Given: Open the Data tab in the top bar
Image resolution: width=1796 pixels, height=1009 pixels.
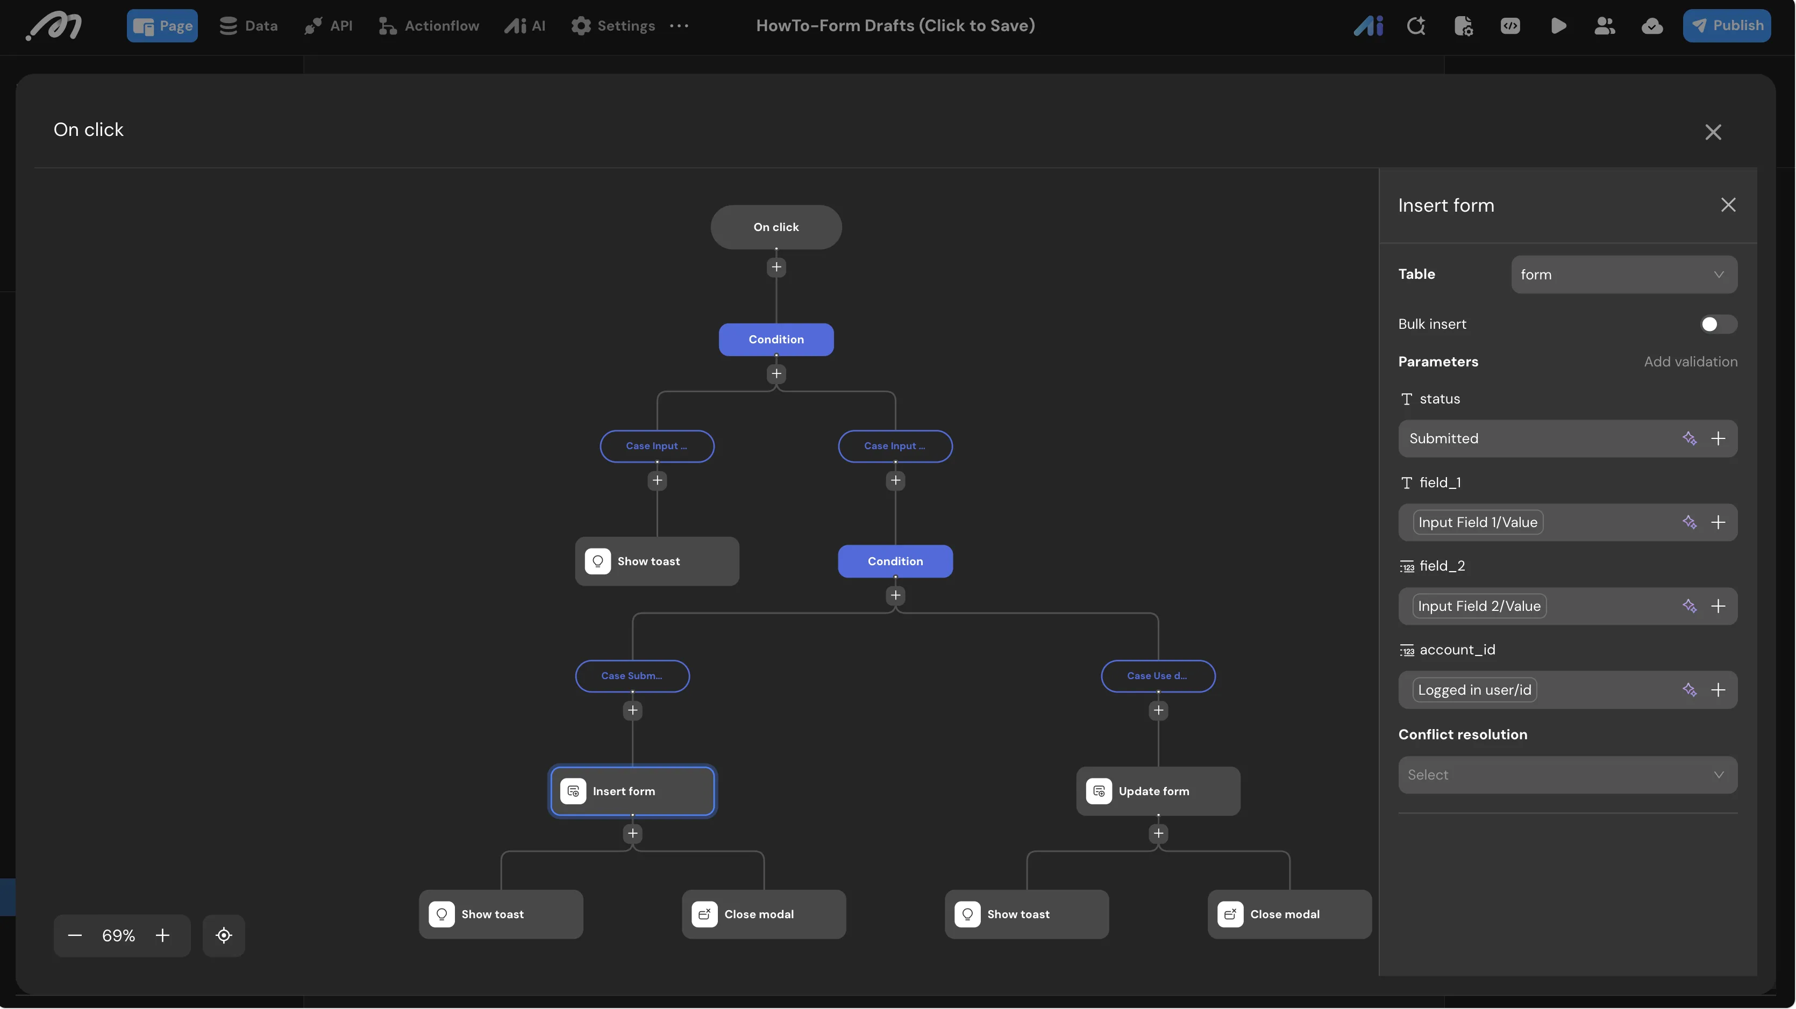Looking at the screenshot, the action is (248, 26).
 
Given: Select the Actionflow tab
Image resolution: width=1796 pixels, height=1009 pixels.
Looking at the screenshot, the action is (429, 26).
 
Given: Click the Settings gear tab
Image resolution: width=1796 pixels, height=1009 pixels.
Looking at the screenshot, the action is (613, 26).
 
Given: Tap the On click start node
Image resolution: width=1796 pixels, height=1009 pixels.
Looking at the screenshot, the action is (776, 227).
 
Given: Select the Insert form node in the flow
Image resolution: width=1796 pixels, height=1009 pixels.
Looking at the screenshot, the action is (632, 791).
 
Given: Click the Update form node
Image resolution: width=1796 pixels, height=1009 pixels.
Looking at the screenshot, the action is (1158, 791).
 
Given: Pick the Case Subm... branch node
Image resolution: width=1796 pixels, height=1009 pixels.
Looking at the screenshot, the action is (632, 676).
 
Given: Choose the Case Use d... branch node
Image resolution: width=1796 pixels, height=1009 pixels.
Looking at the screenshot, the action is (1158, 676).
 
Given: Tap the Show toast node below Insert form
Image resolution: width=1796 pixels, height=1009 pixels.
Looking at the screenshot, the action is (501, 914).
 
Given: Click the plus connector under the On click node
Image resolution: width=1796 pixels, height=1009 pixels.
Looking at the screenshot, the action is (776, 267).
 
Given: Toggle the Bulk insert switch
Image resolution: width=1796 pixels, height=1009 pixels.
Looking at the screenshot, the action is (1718, 324).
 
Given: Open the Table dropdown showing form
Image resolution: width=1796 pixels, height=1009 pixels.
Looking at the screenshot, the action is (1624, 275).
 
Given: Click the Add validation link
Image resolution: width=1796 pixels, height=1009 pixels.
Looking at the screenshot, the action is (1690, 362).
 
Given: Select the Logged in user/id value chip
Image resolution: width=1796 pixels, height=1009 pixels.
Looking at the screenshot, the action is (1474, 690).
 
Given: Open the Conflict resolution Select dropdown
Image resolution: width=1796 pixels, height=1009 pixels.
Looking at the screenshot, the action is (1567, 775).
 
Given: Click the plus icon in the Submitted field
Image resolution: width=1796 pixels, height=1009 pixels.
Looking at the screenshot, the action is (1718, 438).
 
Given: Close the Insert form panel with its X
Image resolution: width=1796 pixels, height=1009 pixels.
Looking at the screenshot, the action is (1728, 205).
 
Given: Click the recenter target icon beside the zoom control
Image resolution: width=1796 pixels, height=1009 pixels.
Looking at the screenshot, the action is (224, 935).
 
